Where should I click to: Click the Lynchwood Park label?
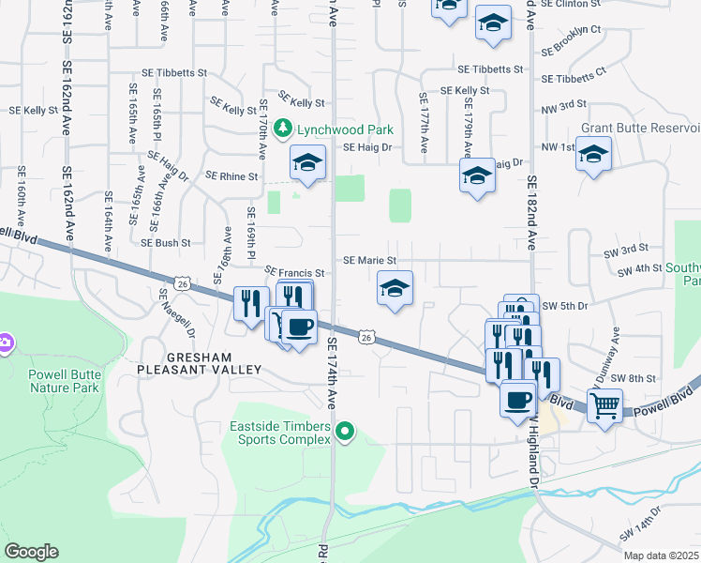[346, 129]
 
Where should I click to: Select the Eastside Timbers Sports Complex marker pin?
[346, 433]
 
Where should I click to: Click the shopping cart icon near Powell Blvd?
[604, 406]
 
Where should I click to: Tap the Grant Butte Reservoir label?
[641, 128]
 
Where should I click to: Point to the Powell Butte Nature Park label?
[64, 380]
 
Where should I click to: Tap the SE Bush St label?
[166, 242]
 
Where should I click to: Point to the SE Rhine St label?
[231, 175]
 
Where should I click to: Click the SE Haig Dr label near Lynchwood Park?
[367, 147]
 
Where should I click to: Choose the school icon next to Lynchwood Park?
[307, 162]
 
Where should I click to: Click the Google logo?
[32, 552]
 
